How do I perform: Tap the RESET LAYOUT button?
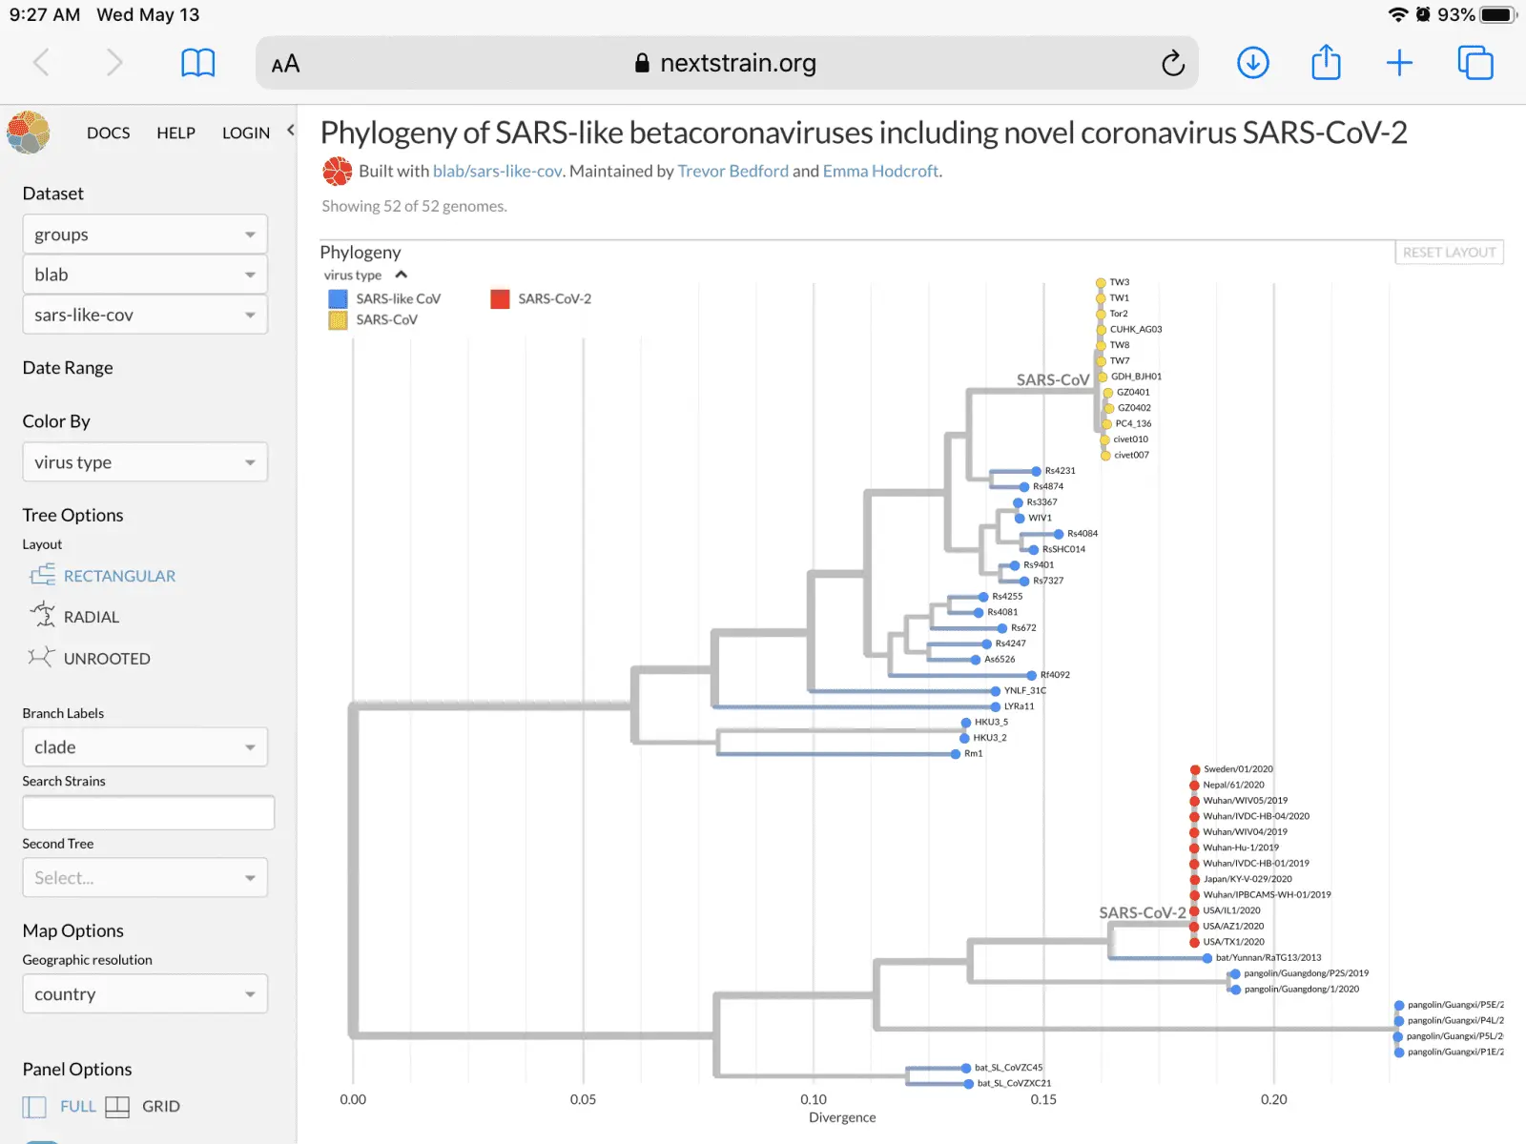[1449, 253]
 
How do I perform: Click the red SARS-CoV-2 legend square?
[500, 299]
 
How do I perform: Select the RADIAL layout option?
[91, 617]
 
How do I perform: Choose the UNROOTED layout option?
[106, 659]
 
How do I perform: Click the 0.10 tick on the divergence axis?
[814, 1099]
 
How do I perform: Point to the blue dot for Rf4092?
[1032, 675]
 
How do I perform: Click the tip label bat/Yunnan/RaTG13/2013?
[1268, 957]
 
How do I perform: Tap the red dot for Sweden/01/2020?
[1195, 769]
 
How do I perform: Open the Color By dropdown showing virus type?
[145, 462]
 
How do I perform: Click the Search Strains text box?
[148, 813]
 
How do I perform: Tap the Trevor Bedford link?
[732, 172]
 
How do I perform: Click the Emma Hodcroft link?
[880, 172]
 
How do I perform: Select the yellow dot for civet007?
[1105, 456]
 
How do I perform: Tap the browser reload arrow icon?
[1173, 64]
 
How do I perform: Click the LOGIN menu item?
[246, 133]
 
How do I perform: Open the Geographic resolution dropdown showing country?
[145, 994]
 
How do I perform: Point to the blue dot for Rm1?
[956, 754]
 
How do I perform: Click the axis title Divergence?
[842, 1117]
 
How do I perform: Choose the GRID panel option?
[160, 1107]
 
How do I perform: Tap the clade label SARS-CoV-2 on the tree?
[1142, 913]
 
